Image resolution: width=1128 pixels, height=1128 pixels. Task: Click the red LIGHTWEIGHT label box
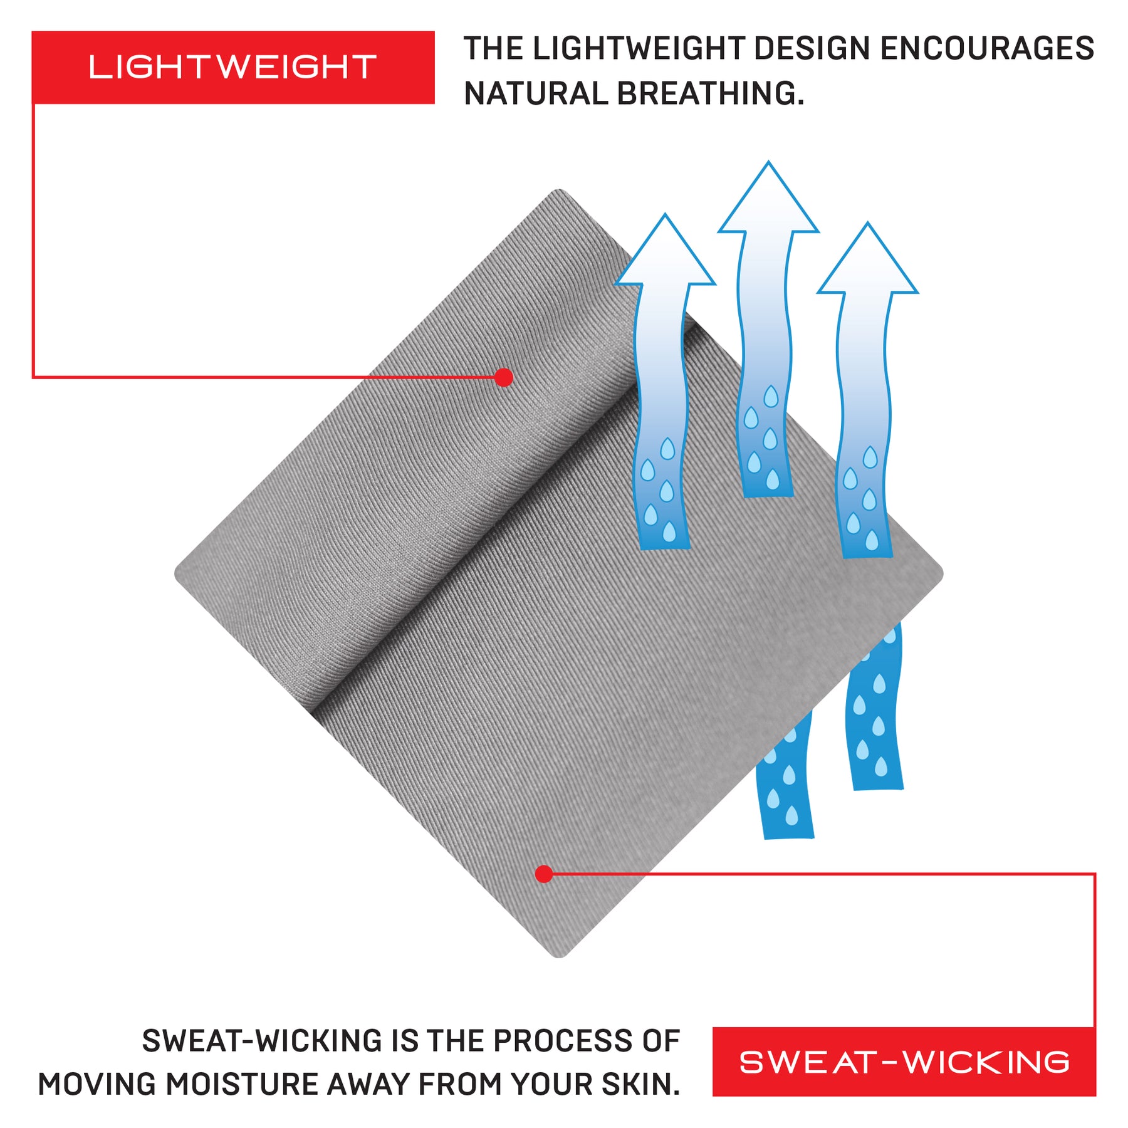point(232,67)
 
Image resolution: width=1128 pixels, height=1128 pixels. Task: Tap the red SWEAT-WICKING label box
point(904,1062)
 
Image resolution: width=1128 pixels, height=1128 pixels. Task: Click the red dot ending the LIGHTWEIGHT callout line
point(503,377)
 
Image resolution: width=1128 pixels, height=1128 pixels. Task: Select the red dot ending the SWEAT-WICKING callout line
point(544,874)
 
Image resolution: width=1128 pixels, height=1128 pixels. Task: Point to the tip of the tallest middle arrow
point(768,164)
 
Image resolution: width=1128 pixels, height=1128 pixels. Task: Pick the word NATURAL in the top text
point(536,94)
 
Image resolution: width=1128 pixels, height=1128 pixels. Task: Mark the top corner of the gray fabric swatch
point(558,192)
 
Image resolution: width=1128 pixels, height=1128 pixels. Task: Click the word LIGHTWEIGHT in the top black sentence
point(639,49)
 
